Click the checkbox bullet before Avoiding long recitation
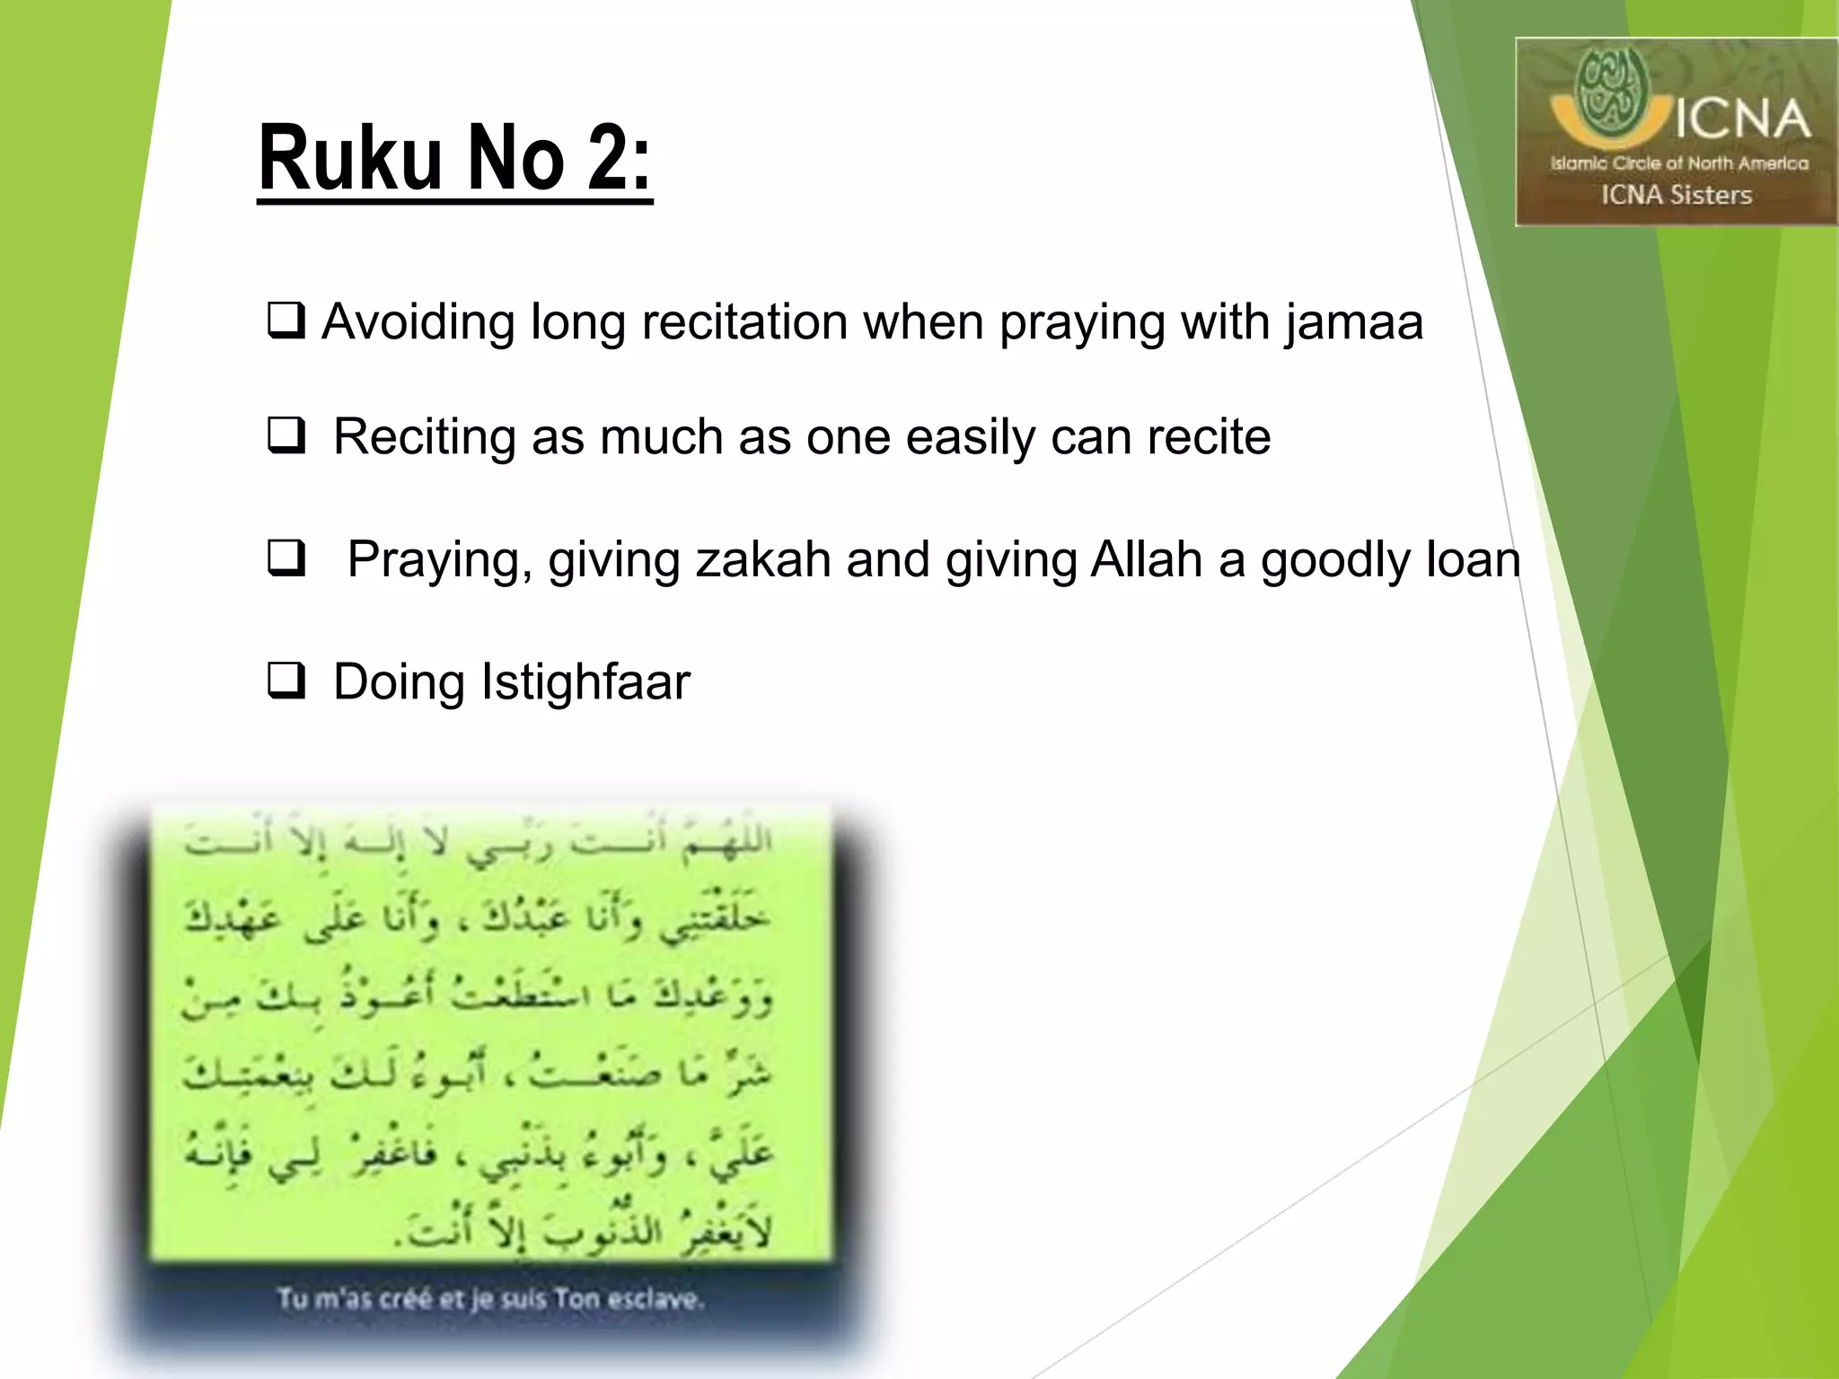[286, 321]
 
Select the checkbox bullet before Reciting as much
[286, 436]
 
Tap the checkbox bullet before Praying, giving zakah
[286, 558]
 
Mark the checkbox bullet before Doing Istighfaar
[286, 681]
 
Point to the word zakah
[762, 560]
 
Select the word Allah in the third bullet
[1146, 560]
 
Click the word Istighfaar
[585, 682]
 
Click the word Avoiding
[418, 323]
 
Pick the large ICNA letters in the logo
[1740, 120]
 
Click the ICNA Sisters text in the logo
[1676, 195]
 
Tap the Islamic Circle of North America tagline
[1678, 163]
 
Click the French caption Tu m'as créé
[490, 1298]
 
